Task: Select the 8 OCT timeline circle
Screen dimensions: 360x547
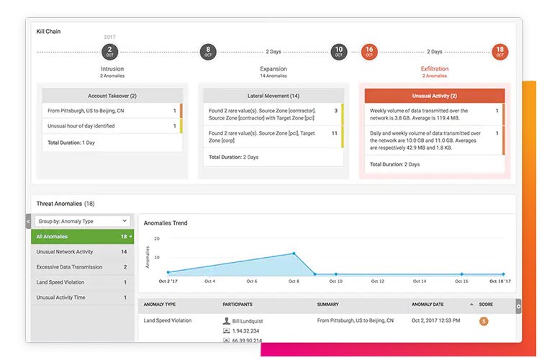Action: click(x=208, y=52)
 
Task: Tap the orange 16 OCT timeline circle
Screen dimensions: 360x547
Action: click(x=369, y=52)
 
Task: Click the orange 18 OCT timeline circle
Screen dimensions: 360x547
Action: click(x=499, y=52)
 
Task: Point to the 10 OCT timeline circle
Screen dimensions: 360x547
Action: click(x=338, y=52)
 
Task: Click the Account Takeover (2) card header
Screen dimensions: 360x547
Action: click(x=112, y=96)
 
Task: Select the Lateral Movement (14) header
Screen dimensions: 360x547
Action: click(x=273, y=96)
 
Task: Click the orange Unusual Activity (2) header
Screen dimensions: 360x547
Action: click(x=434, y=96)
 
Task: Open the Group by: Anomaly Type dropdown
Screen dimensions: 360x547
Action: click(x=83, y=221)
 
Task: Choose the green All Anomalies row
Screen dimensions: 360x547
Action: click(x=83, y=236)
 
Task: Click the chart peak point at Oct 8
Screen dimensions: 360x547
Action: click(x=294, y=253)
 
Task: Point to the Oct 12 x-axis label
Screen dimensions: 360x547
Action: click(x=378, y=282)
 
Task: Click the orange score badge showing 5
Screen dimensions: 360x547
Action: click(x=484, y=321)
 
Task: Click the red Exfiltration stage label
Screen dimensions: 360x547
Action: click(x=434, y=69)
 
